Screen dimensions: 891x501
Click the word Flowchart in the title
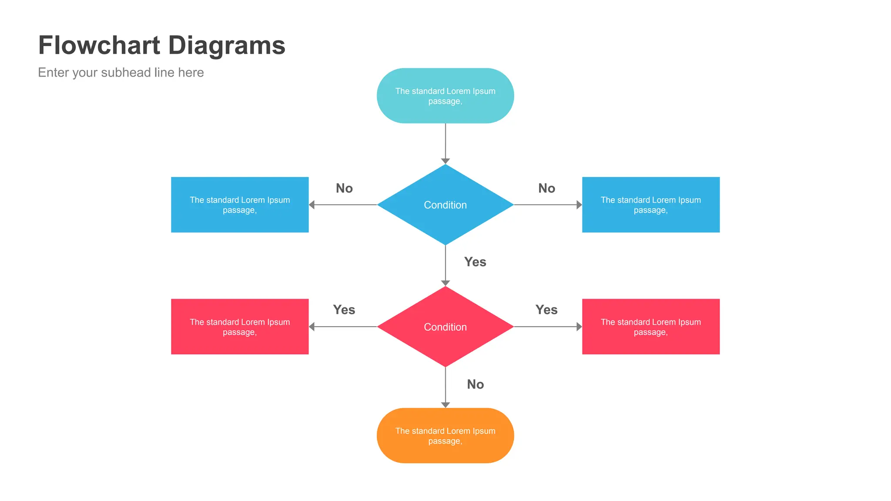[x=99, y=45]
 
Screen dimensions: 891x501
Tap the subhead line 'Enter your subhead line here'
[x=121, y=73]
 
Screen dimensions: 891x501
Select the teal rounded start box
[x=445, y=96]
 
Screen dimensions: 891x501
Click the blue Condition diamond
[x=445, y=205]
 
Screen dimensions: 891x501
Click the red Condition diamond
[x=445, y=327]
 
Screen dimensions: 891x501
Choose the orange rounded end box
[x=445, y=435]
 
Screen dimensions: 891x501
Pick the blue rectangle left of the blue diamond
[x=240, y=205]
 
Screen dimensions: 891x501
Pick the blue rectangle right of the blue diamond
[x=651, y=205]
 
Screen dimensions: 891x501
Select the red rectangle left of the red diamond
[x=240, y=327]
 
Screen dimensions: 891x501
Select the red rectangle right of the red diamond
[x=651, y=327]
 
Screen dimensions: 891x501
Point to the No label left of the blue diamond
[x=344, y=188]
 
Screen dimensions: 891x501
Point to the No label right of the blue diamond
[x=546, y=188]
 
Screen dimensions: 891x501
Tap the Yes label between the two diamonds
[x=475, y=262]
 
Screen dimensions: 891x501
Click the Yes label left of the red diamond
[x=344, y=310]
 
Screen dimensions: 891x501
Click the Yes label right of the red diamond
[x=546, y=310]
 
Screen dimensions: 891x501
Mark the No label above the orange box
[x=476, y=384]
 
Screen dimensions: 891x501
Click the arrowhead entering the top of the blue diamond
[x=445, y=161]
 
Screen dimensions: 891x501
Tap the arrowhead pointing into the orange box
[x=445, y=405]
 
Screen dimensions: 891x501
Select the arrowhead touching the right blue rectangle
[x=579, y=205]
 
